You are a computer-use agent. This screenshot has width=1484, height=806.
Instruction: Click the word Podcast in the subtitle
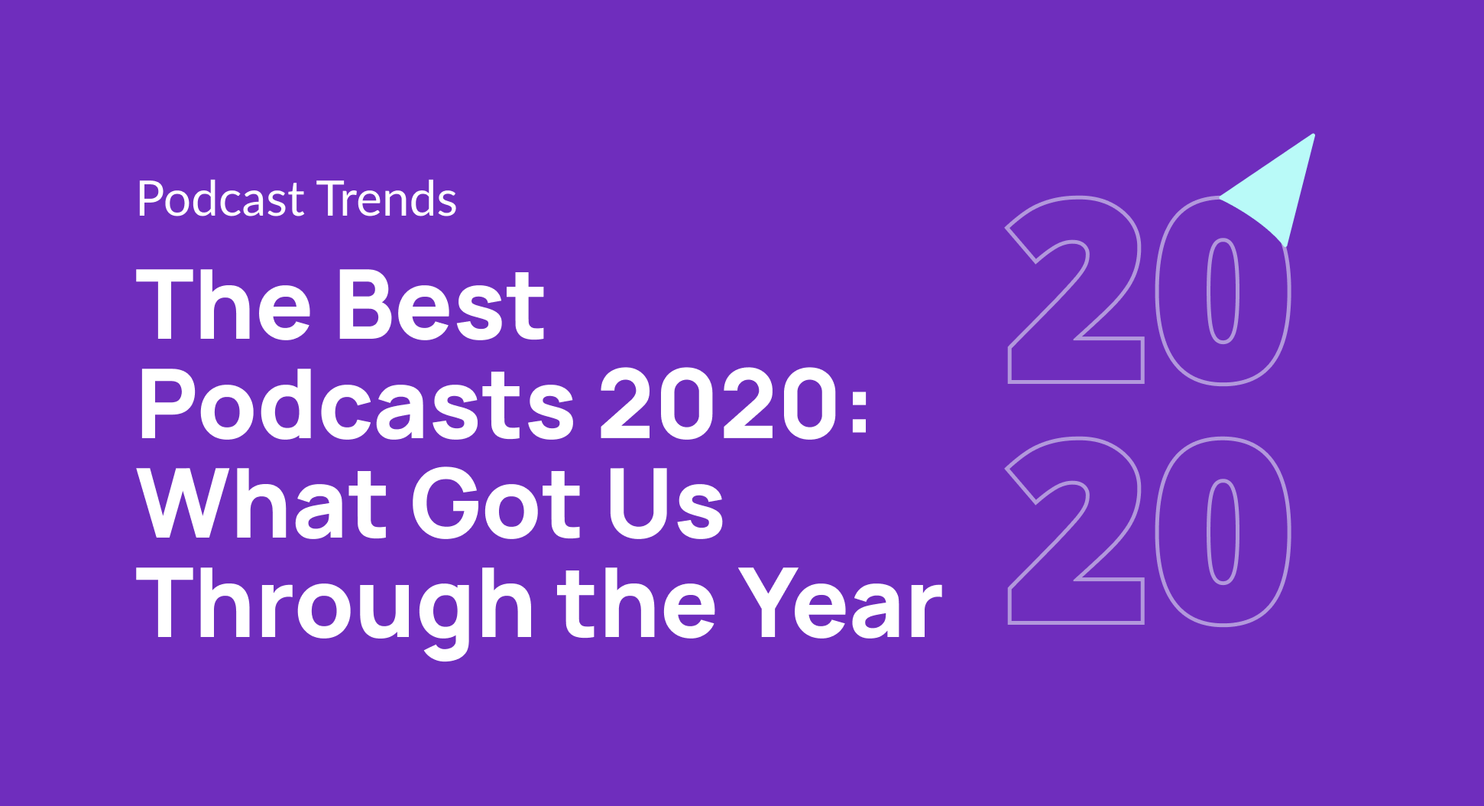(220, 200)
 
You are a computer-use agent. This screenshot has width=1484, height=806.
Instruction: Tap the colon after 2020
(859, 409)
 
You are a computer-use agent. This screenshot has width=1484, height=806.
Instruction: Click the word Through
(332, 604)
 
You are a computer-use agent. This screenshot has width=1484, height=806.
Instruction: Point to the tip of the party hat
(1313, 137)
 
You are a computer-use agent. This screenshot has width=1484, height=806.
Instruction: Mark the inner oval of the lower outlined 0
(1223, 531)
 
